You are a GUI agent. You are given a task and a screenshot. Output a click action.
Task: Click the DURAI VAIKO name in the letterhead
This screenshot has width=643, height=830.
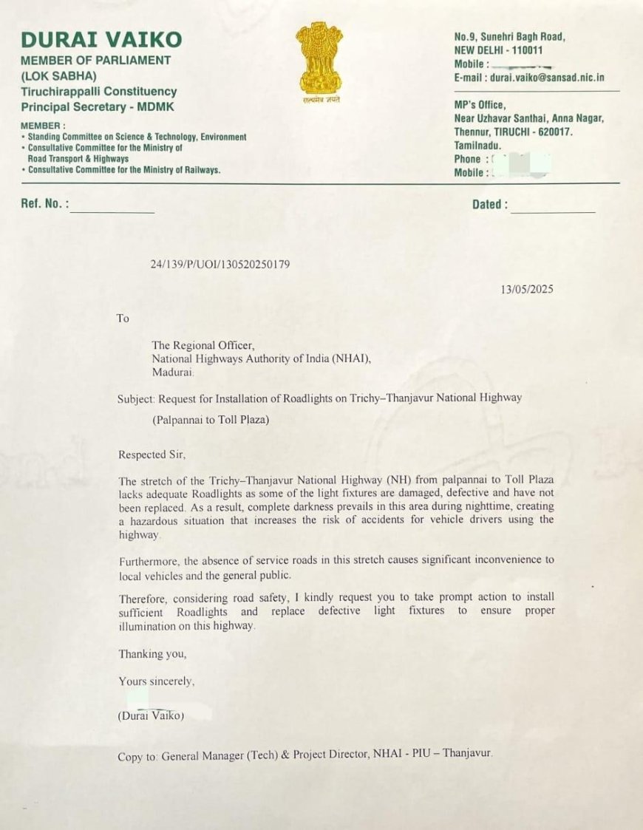click(101, 39)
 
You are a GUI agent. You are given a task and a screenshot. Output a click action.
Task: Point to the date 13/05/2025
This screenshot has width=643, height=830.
click(526, 289)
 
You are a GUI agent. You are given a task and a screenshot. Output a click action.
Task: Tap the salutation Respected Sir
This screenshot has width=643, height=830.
click(149, 455)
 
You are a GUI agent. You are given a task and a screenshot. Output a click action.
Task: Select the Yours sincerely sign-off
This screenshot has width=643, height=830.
click(157, 681)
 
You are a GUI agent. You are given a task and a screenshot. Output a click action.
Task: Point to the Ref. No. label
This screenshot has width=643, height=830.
click(44, 204)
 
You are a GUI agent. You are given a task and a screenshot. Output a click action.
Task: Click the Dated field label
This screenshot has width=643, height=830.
click(490, 205)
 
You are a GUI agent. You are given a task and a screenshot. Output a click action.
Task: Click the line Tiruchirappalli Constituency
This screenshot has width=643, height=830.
click(98, 92)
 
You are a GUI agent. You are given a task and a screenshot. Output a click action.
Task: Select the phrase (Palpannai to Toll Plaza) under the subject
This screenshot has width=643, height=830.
click(211, 421)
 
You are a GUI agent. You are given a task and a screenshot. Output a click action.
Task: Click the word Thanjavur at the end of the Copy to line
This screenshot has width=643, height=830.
click(466, 755)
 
